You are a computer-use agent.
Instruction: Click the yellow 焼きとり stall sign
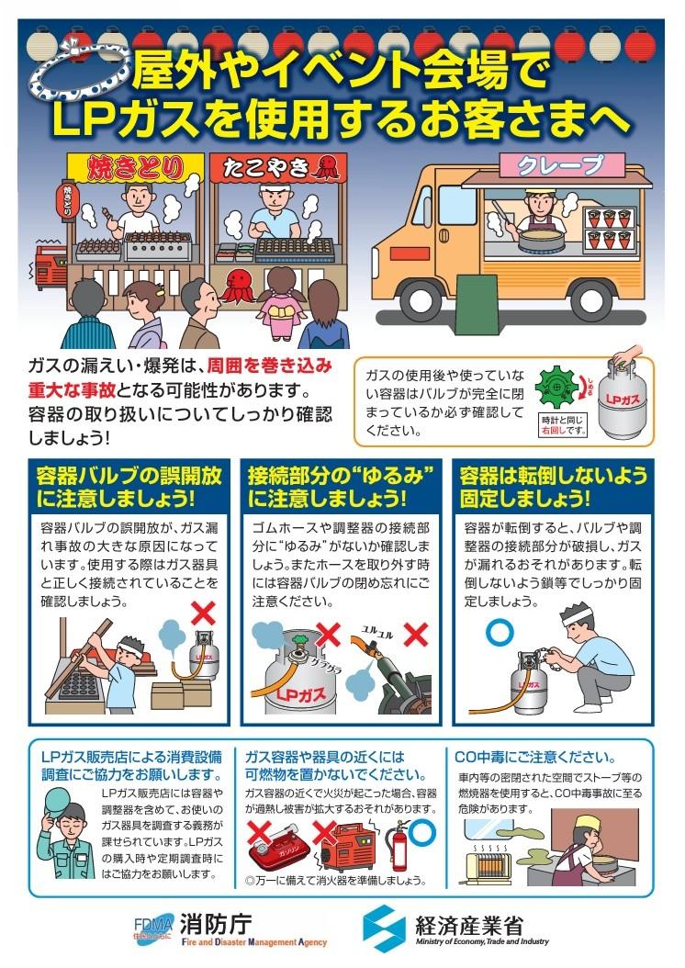click(x=135, y=167)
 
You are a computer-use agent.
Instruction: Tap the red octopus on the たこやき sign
click(x=326, y=166)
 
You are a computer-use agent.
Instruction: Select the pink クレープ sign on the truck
click(x=561, y=163)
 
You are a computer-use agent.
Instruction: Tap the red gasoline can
click(x=275, y=850)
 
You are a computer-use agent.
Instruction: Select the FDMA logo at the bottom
click(x=155, y=926)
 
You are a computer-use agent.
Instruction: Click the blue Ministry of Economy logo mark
click(x=384, y=928)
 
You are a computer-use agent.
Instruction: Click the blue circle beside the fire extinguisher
click(x=422, y=833)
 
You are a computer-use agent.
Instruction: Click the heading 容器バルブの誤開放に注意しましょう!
click(x=129, y=486)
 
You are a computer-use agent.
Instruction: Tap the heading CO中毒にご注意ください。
click(x=535, y=757)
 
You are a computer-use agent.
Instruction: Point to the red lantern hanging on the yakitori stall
click(x=67, y=199)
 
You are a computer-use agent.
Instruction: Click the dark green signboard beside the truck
click(x=477, y=297)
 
